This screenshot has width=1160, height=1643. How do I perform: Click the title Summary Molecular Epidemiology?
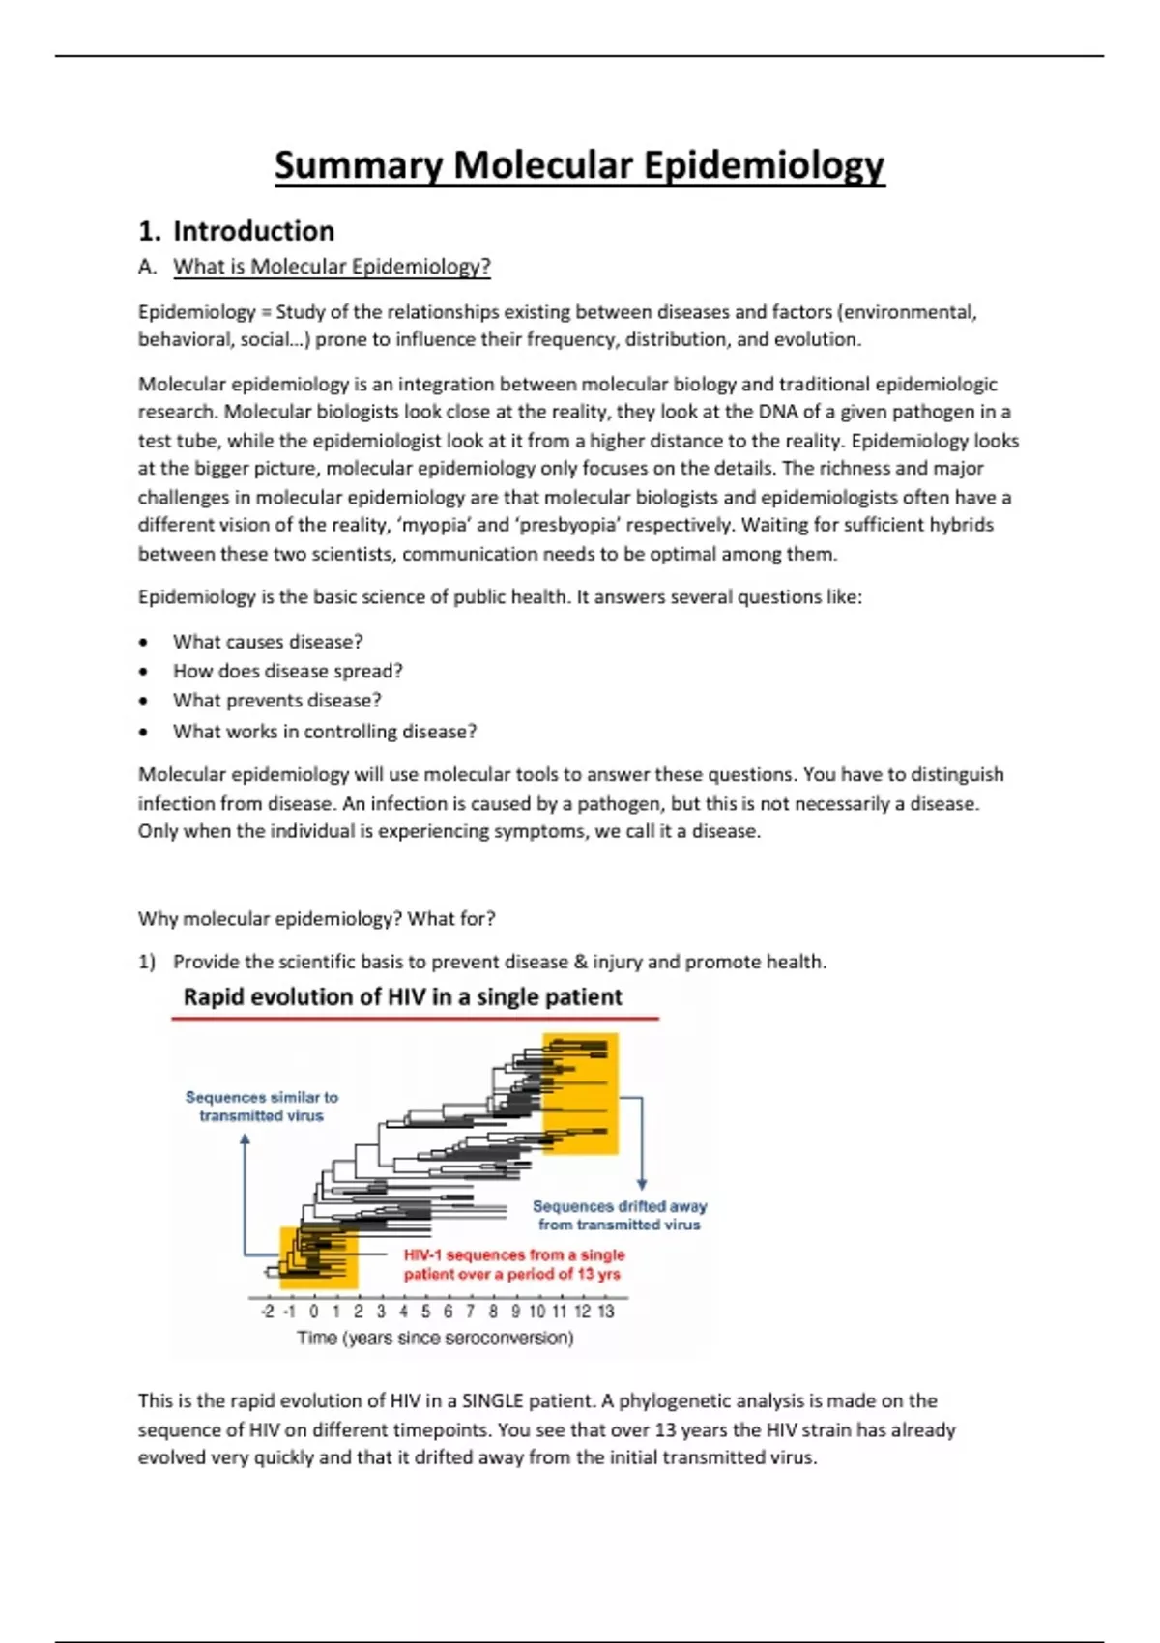pos(579,165)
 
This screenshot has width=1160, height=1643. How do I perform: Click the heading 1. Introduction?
pos(237,231)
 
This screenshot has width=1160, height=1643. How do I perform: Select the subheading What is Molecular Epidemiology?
pos(332,267)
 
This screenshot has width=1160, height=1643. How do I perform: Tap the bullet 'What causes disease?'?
pos(268,642)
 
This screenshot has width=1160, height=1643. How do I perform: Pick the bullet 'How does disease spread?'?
pos(287,671)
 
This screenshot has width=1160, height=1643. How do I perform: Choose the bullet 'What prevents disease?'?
pos(276,700)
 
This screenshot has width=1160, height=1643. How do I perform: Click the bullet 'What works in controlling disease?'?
pos(324,732)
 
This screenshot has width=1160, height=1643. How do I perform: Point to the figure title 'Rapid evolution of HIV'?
pos(402,997)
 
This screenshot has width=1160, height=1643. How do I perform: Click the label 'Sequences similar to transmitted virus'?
pos(261,1107)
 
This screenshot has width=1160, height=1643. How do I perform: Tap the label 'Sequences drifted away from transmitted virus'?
pos(620,1216)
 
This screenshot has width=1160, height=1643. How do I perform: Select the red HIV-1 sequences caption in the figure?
pos(513,1264)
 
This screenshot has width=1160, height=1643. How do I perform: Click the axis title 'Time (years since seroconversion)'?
pos(435,1339)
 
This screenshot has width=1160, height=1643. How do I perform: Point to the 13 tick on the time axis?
pos(605,1312)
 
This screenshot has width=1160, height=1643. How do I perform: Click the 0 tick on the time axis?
pos(313,1312)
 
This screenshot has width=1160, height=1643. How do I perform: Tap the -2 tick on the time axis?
pos(268,1312)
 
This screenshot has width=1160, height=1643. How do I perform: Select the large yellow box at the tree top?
pos(580,1093)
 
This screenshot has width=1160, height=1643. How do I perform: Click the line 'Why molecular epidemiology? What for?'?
pos(316,918)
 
